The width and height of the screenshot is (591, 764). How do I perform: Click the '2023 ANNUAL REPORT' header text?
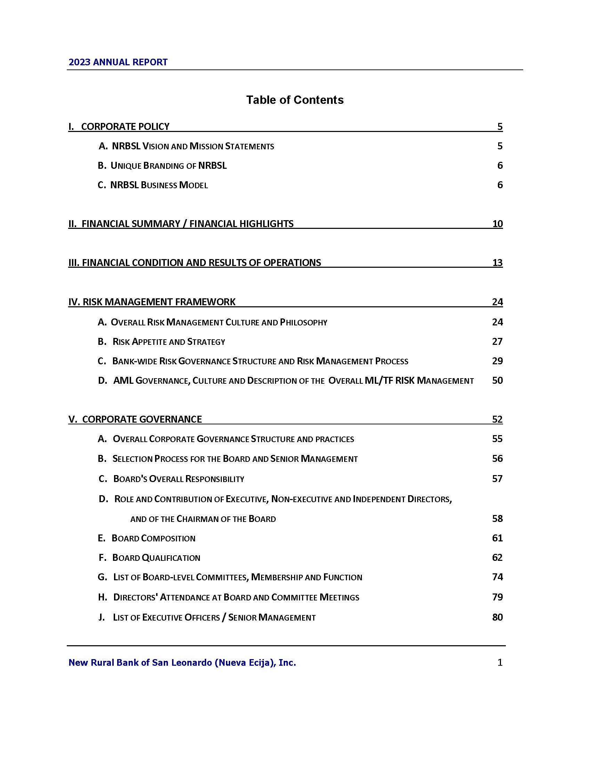click(118, 62)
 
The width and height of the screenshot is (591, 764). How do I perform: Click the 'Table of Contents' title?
click(295, 100)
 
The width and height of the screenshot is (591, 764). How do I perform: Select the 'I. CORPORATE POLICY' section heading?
click(119, 126)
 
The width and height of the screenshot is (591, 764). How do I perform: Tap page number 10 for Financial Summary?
click(497, 224)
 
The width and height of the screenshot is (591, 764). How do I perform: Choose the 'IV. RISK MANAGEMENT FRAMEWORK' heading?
click(152, 301)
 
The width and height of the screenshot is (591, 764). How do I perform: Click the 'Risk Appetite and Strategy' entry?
click(168, 341)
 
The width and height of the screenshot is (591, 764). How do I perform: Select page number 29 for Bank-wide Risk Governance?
click(497, 361)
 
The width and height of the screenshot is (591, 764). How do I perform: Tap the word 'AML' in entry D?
click(123, 381)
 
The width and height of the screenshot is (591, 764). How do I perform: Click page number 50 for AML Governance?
click(497, 381)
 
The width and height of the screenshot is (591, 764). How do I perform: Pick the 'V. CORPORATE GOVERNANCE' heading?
click(135, 419)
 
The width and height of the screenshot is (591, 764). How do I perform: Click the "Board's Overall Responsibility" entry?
click(179, 479)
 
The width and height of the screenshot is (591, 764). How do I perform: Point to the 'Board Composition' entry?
click(153, 538)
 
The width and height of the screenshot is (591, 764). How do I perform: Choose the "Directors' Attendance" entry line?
click(236, 597)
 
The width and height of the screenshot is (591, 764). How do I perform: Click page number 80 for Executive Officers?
click(497, 617)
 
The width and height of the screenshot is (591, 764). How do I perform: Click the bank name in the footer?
click(182, 663)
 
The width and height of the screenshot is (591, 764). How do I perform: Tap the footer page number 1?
click(500, 663)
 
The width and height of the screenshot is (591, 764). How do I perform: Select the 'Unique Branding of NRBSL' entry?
click(168, 165)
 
